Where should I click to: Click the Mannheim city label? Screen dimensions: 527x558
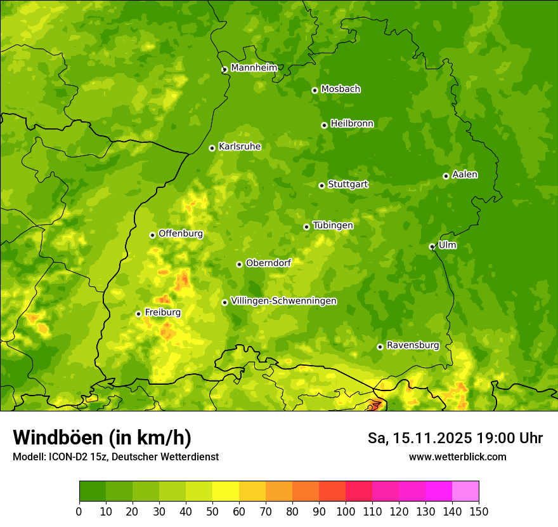[254, 68]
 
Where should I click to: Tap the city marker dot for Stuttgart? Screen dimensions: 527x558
[321, 185]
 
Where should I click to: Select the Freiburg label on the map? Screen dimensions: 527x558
[162, 312]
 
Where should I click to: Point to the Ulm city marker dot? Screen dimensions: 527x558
[432, 246]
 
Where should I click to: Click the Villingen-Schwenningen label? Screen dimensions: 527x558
[283, 301]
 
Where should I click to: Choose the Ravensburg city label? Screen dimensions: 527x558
[412, 345]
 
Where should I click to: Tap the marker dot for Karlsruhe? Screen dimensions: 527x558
[212, 148]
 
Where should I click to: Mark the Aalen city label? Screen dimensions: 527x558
[464, 175]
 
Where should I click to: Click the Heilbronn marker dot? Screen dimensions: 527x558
[324, 125]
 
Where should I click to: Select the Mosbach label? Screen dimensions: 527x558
[340, 90]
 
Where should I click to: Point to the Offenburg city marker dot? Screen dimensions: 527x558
[152, 235]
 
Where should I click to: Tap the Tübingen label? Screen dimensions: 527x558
[332, 225]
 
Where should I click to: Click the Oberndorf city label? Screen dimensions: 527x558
[268, 263]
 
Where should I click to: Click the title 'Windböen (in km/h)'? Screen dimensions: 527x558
[101, 437]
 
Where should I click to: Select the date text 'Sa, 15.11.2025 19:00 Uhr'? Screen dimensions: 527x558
[455, 438]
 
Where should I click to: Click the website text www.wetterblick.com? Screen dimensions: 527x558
[457, 457]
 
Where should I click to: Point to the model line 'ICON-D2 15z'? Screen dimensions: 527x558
[69, 457]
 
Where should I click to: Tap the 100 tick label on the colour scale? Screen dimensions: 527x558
[346, 511]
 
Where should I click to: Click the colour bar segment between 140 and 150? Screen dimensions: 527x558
[465, 491]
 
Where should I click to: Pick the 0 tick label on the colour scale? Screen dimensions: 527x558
[79, 511]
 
